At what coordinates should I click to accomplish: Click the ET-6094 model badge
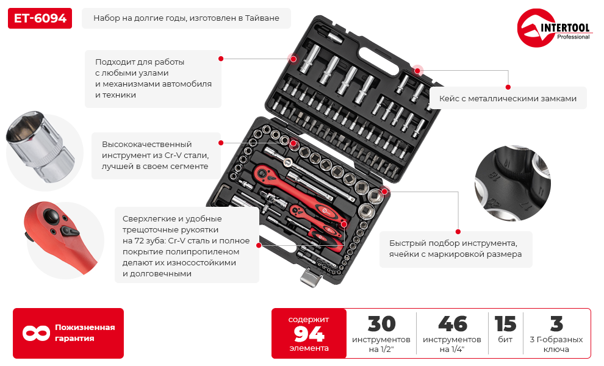(40, 18)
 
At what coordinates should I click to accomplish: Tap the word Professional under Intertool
(573, 37)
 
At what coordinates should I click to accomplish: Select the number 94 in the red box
(309, 334)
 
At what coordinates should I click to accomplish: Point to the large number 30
(381, 324)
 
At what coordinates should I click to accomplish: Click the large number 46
(452, 324)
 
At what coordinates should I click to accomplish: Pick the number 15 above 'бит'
(505, 324)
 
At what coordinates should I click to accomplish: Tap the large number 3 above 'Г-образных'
(556, 324)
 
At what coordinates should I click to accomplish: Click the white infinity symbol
(36, 333)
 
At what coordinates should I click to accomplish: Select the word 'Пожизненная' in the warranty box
(85, 328)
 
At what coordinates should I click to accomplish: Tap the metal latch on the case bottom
(311, 277)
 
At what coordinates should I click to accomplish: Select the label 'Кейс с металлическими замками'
(508, 99)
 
